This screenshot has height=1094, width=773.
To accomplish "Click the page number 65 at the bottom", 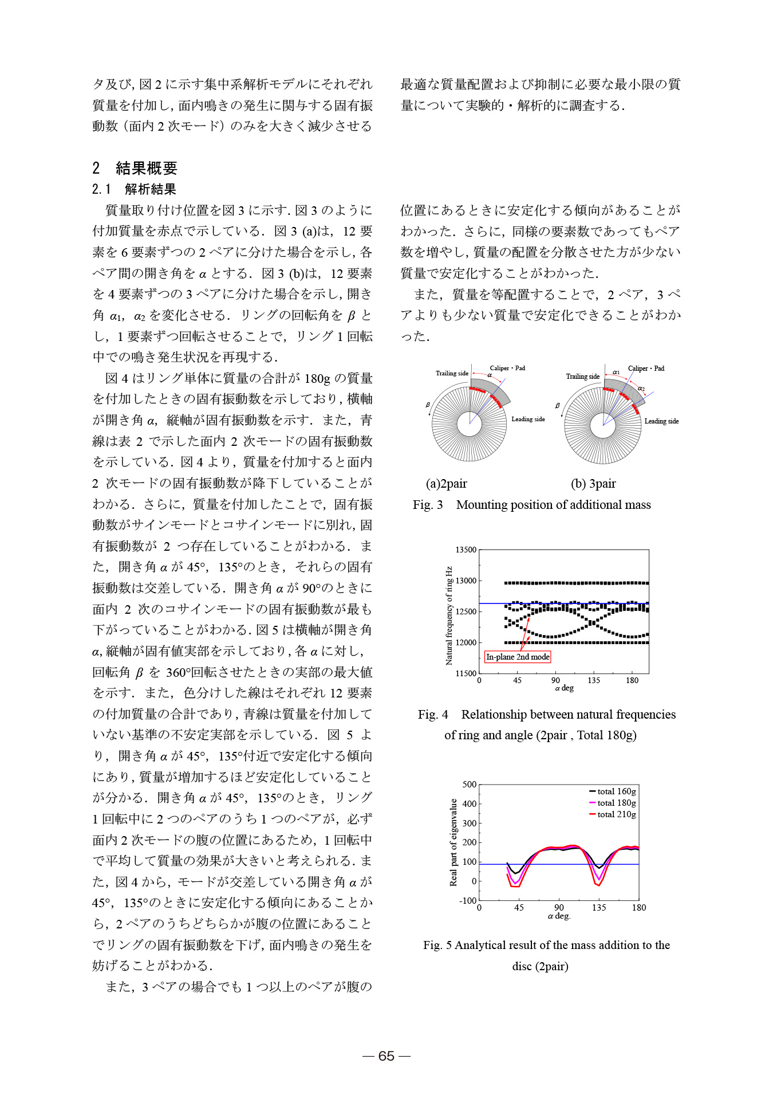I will pos(386,1056).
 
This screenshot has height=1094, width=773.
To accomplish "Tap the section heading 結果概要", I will pos(146,168).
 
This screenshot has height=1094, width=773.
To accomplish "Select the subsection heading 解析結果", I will pos(150,189).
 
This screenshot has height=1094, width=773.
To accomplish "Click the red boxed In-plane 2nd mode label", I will pos(518,657).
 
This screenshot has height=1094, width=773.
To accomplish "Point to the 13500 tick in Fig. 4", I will pos(466,550).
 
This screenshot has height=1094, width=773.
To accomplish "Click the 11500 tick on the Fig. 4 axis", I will pos(466,673).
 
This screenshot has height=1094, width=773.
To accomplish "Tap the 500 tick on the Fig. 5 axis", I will pos(469,785).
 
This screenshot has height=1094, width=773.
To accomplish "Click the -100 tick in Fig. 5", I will pos(467,900).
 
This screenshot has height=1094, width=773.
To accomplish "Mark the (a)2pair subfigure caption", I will pos(446,484).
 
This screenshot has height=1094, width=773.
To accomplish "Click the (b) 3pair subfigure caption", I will pos(593,484).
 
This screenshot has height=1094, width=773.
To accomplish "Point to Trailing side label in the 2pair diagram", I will pos(452,373).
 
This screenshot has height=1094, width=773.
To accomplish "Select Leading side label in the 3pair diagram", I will pos(661,421).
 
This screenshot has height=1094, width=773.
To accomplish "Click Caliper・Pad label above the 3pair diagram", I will pos(646,368).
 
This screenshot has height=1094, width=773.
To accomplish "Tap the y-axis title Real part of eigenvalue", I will pos(453,842).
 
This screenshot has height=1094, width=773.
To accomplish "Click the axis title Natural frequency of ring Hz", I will pos(449,615).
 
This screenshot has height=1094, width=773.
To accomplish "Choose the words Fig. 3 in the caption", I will pos(428,505).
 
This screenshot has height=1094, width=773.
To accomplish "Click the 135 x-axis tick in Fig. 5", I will pos(599,908).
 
